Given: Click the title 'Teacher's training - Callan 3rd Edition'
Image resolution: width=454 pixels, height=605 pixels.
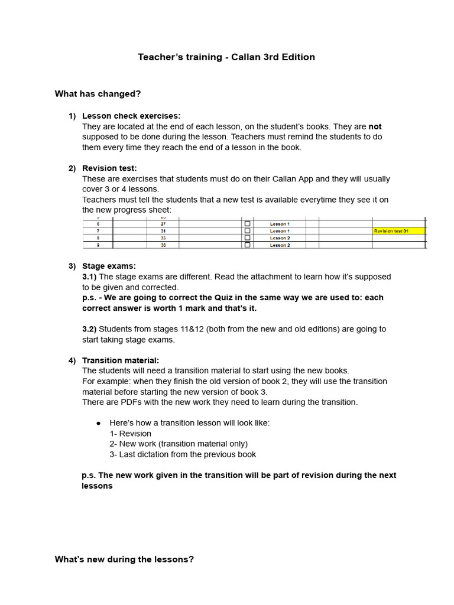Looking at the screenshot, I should click(x=226, y=57).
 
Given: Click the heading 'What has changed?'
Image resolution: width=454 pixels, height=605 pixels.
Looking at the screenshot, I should click(x=98, y=94).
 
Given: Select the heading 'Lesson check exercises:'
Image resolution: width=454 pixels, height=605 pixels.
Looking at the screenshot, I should click(x=131, y=116).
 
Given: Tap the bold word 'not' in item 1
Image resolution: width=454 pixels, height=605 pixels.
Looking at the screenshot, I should click(x=375, y=126).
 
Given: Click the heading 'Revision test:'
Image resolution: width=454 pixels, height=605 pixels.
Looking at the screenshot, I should click(x=109, y=168).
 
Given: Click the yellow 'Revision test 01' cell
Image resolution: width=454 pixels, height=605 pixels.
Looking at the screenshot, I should click(x=398, y=231).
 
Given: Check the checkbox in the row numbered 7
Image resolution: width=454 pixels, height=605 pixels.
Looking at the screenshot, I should click(x=247, y=231).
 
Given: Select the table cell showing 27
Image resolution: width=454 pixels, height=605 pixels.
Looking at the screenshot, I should click(x=163, y=224).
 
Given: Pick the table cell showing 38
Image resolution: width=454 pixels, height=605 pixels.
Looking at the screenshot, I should click(x=163, y=245).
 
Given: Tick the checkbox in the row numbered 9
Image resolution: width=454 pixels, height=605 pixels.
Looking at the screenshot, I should click(x=247, y=245).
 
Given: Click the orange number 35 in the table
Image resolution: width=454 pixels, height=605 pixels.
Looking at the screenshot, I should click(x=163, y=238).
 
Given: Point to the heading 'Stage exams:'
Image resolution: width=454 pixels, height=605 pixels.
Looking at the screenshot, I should click(x=109, y=266).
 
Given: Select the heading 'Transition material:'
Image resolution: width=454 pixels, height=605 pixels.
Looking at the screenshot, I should click(x=121, y=360).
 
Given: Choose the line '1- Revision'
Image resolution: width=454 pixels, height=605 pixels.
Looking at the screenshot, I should click(x=130, y=434).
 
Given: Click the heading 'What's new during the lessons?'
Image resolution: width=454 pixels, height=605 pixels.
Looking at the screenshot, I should click(x=124, y=559).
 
